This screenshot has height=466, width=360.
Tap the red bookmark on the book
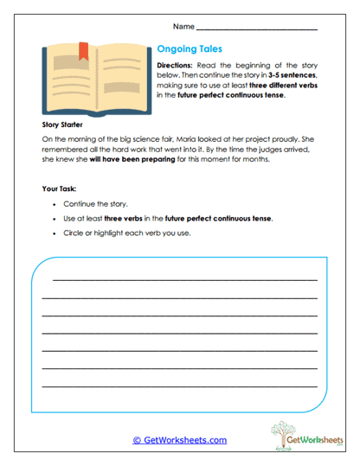(84, 50)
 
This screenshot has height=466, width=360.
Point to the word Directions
(178, 66)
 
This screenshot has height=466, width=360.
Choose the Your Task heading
(60, 188)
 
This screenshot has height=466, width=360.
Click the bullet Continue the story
(98, 206)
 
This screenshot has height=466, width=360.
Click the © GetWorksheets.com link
(179, 440)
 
